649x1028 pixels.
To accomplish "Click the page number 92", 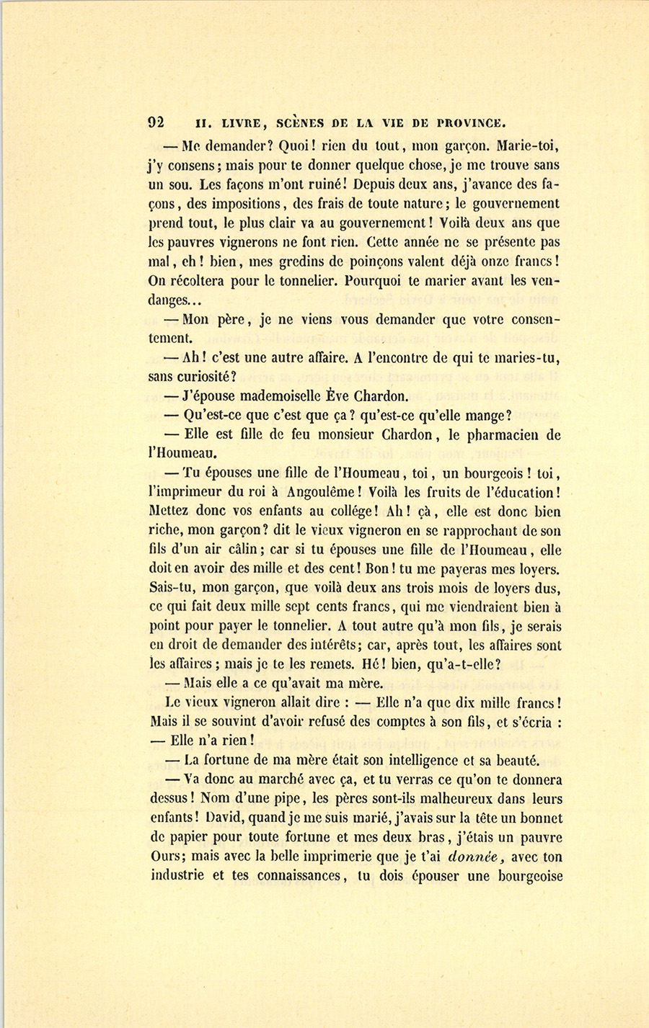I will tap(157, 122).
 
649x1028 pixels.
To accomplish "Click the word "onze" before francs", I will tap(490, 262).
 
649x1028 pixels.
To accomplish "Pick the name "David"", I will tap(226, 818).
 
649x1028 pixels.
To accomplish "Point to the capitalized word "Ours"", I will tap(167, 857).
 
